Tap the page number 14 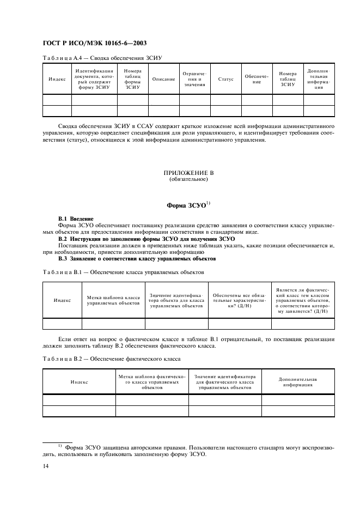point(45,466)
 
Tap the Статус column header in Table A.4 point(225,79)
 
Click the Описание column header point(163,79)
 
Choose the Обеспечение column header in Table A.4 point(257,79)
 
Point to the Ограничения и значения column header point(194,79)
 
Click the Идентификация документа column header point(94,79)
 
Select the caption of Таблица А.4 point(103,57)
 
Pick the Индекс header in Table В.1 point(62,300)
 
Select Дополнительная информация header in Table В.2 point(297,381)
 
